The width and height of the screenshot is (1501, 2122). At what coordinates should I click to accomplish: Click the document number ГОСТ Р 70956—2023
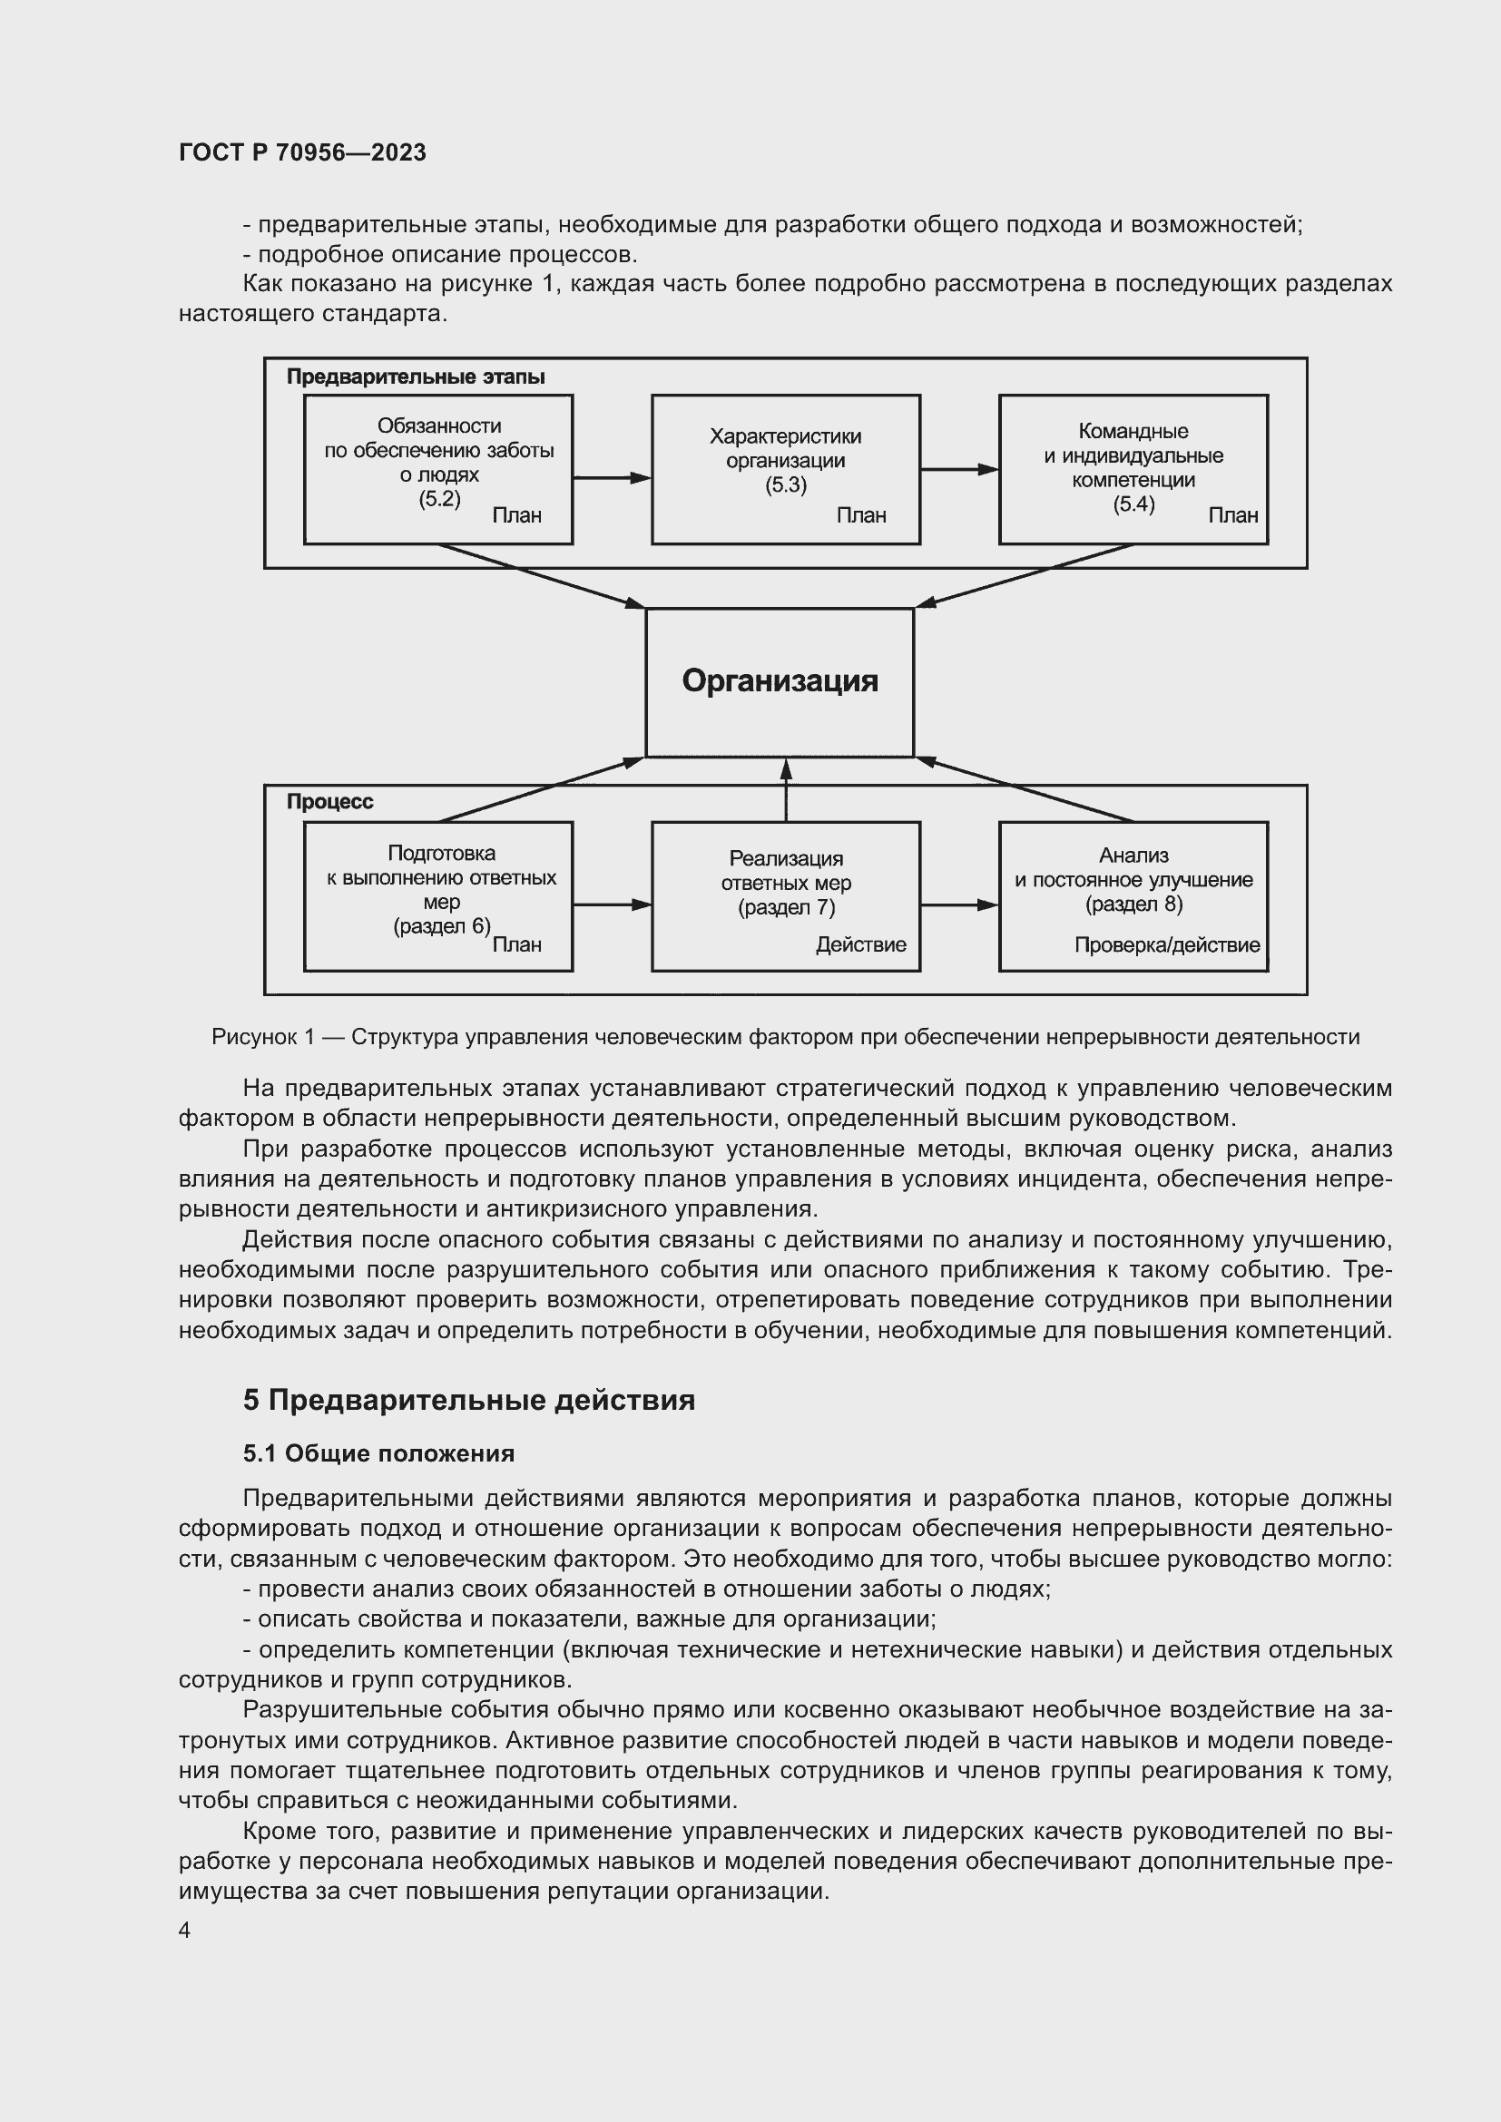coord(302,152)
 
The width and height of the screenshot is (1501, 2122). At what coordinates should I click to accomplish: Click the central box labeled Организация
coord(780,681)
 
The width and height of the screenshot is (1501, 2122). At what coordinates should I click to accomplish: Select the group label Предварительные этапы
coord(415,377)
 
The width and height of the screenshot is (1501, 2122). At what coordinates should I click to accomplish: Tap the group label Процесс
coord(329,801)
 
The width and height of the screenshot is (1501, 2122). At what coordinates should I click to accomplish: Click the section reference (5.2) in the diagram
coord(439,500)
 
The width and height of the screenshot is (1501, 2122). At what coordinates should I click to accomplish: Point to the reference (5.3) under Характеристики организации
coord(786,485)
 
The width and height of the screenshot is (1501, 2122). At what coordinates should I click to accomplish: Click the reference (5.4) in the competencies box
coord(1133,504)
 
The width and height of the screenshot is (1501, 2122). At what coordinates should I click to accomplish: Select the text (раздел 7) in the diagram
coord(786,907)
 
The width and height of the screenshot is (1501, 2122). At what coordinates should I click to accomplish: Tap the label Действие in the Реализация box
coord(860,944)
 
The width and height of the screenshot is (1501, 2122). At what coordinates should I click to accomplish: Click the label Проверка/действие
coord(1166,944)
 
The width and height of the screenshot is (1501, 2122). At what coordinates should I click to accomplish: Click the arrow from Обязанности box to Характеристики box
coord(611,478)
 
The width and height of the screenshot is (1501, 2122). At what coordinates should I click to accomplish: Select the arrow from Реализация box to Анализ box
coord(958,905)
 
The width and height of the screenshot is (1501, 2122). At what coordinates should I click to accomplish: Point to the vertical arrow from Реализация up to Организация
coord(786,790)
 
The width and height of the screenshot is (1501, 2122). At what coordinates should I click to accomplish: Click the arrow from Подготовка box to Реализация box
coord(611,905)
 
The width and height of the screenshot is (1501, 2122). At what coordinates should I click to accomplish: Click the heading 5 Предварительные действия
coord(468,1400)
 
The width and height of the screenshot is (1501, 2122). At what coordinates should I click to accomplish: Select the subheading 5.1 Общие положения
coord(378,1453)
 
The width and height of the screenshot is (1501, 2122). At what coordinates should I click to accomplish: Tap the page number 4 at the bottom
coord(184,1931)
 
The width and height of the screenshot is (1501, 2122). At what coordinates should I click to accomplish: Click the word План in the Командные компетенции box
coord(1233,515)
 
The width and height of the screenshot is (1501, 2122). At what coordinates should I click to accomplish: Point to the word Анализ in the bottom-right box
coord(1133,856)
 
